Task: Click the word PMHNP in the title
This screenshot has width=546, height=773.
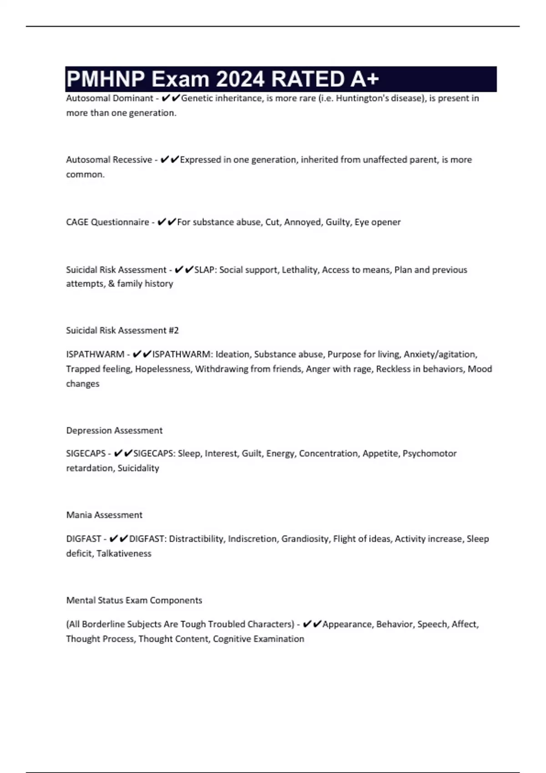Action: tap(106, 79)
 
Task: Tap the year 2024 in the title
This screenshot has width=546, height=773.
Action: tap(239, 79)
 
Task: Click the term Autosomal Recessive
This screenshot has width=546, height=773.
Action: tap(109, 160)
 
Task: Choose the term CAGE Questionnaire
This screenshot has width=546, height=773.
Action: tap(107, 222)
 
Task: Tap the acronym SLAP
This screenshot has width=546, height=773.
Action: tap(205, 270)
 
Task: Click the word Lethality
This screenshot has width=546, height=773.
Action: tap(300, 270)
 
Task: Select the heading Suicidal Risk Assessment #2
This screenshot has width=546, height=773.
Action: tap(122, 331)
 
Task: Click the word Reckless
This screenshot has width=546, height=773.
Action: tap(393, 369)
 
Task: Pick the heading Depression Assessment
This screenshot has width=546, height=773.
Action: tap(114, 430)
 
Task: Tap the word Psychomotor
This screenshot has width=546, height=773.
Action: tap(430, 453)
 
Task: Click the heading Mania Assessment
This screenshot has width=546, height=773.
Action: tap(104, 515)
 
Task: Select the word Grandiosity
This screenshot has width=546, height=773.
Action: tap(305, 539)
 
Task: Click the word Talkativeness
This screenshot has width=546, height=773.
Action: tap(124, 553)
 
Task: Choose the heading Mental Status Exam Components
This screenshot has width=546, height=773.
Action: tap(134, 600)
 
